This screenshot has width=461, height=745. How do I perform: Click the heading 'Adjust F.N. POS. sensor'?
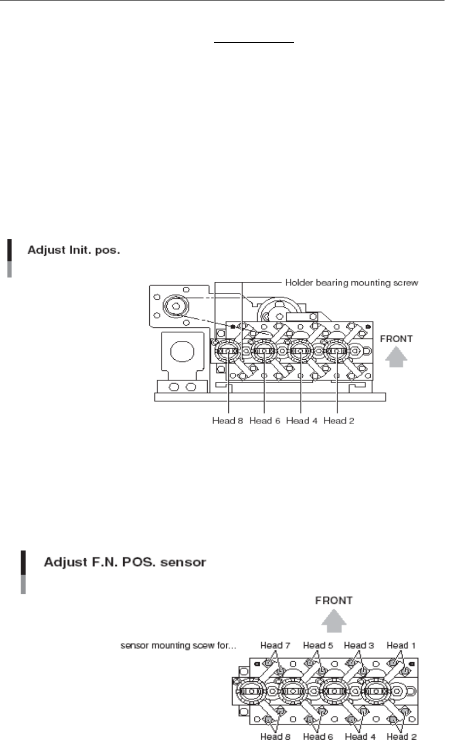(x=123, y=561)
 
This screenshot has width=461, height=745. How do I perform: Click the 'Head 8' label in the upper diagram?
(x=227, y=421)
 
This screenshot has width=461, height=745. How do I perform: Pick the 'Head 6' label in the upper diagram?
(x=264, y=421)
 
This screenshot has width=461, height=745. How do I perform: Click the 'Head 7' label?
(x=275, y=645)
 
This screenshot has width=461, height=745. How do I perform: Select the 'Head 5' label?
(x=318, y=645)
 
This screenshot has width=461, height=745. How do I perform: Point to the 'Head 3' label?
(x=358, y=645)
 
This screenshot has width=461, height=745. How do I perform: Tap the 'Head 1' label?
(x=401, y=645)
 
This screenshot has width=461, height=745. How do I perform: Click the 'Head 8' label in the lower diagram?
(x=275, y=736)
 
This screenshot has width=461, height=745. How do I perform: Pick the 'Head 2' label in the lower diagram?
(x=401, y=736)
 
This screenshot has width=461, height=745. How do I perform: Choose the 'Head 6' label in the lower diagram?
(x=318, y=736)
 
